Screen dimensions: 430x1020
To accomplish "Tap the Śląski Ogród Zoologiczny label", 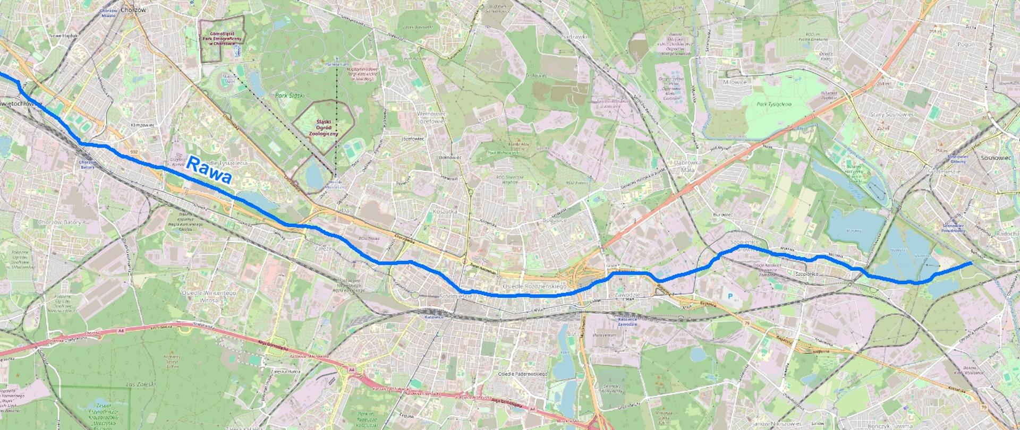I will click(x=324, y=127).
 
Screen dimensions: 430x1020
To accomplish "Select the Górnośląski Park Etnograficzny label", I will click(x=223, y=39).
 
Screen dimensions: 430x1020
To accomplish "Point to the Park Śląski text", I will click(x=290, y=96).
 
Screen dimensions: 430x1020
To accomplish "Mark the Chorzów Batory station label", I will click(x=87, y=165).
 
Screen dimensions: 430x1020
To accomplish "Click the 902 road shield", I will click(x=133, y=151).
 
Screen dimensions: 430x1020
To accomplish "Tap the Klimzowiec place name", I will click(x=142, y=126).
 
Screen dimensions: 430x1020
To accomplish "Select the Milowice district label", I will click(x=735, y=82).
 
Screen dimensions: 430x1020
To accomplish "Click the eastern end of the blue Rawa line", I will click(x=971, y=263).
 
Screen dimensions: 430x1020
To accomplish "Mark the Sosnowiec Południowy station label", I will click(x=952, y=229).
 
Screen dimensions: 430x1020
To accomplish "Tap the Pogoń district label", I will click(x=966, y=45).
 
